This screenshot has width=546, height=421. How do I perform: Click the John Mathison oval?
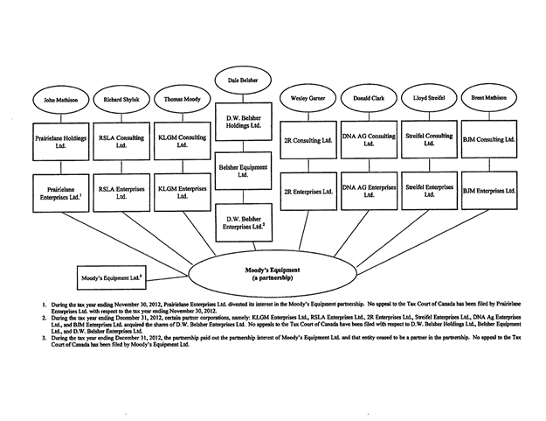(x=57, y=101)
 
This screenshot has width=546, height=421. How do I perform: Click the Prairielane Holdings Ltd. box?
(x=57, y=140)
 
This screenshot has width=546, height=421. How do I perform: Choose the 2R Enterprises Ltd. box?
(x=307, y=191)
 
